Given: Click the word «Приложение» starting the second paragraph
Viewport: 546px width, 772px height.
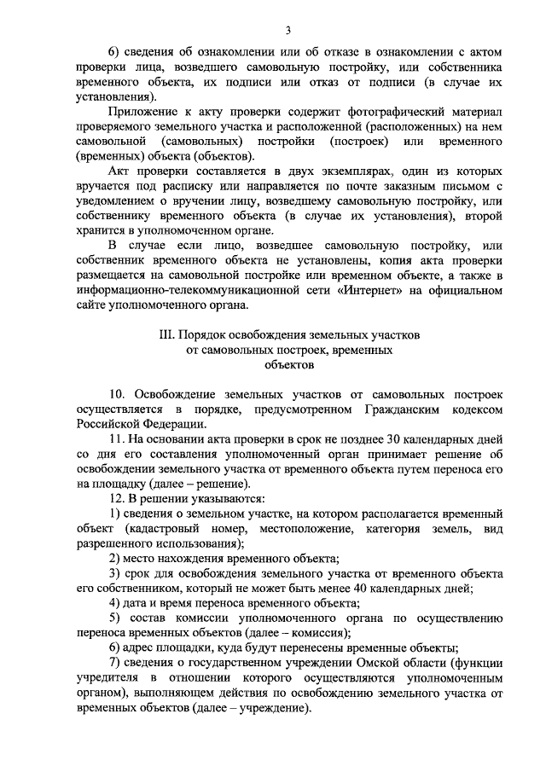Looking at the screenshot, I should click(x=145, y=113).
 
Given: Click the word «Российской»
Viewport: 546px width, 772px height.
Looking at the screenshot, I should click(x=107, y=425).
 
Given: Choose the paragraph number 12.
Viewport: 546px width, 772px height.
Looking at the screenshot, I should click(x=119, y=497).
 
